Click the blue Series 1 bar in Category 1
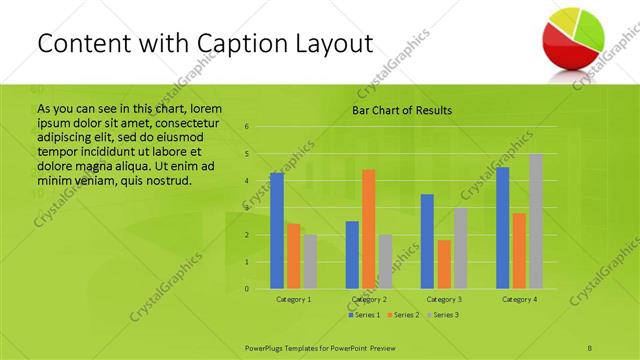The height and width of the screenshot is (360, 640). click(277, 230)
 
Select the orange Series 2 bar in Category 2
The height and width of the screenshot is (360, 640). click(368, 229)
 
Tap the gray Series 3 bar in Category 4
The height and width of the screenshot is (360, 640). click(536, 221)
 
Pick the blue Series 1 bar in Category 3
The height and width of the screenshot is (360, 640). click(427, 241)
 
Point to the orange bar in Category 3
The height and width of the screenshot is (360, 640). click(444, 264)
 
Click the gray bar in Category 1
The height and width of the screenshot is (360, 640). click(310, 261)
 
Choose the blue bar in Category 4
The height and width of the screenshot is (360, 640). click(502, 227)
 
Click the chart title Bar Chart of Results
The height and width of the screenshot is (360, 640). click(402, 110)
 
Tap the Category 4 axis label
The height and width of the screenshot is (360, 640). click(519, 299)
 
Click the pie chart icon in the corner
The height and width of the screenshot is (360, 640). click(576, 37)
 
